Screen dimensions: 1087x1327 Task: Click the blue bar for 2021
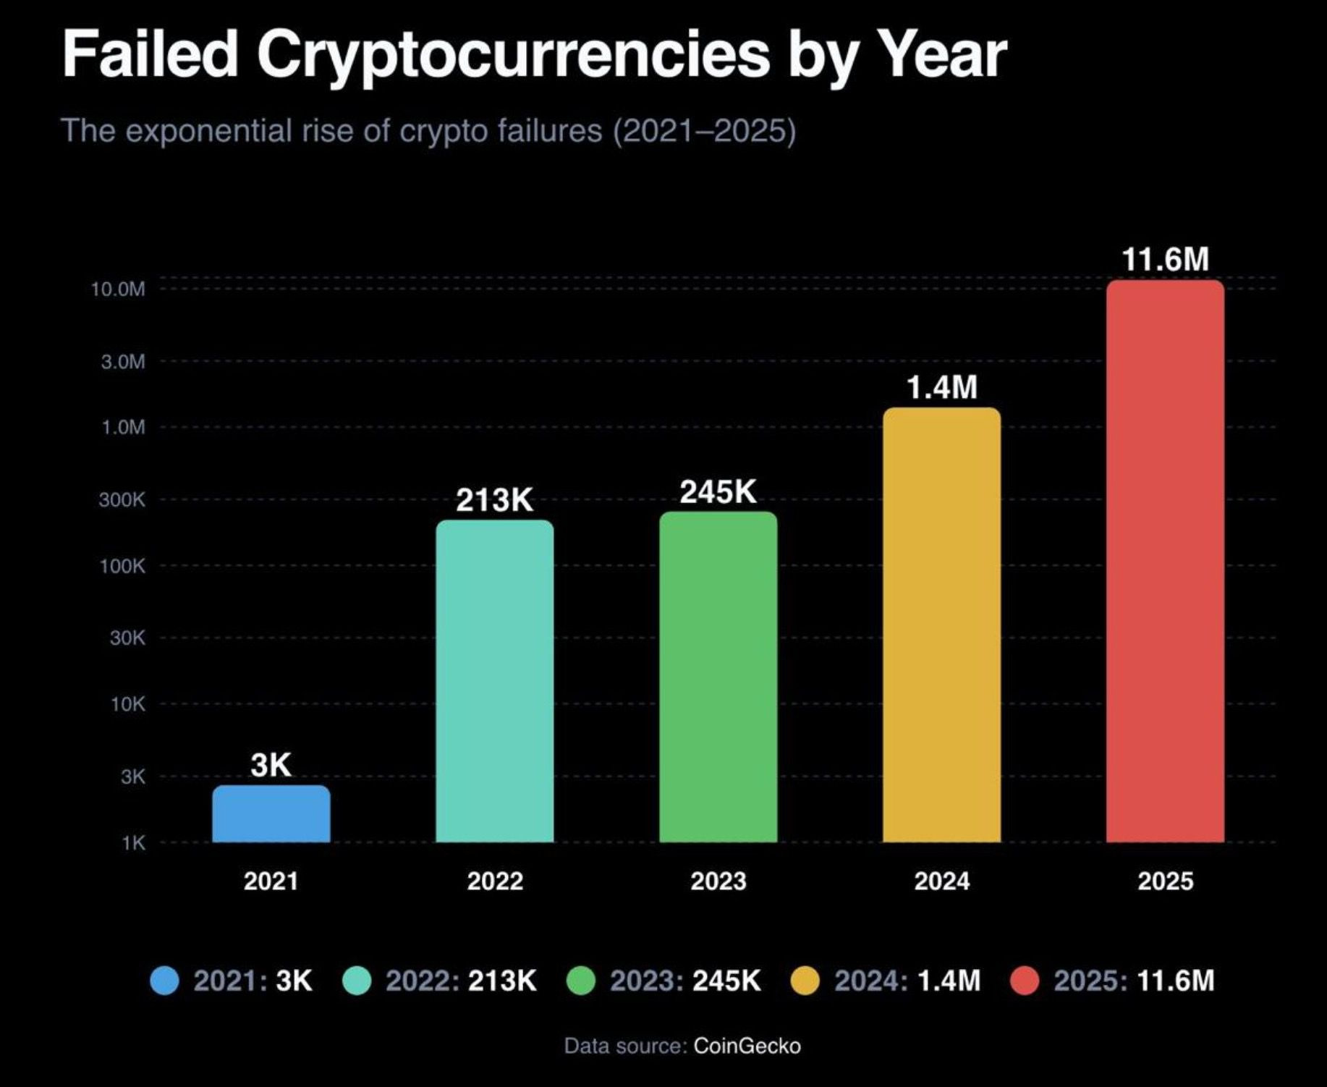coord(271,814)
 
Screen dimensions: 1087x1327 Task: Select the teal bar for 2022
coord(495,680)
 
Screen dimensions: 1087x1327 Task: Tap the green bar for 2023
coord(718,677)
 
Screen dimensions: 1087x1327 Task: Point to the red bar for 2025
coord(1165,561)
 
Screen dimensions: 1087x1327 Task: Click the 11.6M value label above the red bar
coord(1165,259)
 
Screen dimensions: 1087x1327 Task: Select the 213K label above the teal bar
coord(495,500)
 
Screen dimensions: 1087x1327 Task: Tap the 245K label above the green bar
coord(718,492)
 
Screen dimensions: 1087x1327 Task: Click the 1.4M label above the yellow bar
coord(942,387)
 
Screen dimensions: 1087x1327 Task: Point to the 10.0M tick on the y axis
coord(118,289)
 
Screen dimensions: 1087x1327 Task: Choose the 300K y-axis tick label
coord(122,499)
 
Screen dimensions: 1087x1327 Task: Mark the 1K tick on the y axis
coord(134,843)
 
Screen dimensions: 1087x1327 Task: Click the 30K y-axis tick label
coord(127,638)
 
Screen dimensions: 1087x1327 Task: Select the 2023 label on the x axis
coord(718,881)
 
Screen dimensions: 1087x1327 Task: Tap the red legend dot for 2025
coord(1025,981)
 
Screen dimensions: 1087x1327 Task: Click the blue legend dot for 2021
coord(164,981)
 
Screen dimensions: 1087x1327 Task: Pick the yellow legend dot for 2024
coord(805,981)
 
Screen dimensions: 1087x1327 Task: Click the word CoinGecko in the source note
coord(747,1046)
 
